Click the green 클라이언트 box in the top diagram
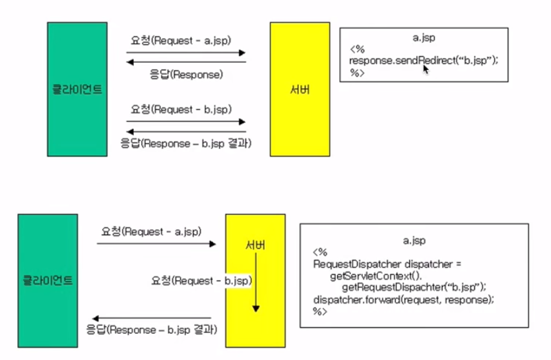78,89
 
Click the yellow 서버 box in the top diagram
299,89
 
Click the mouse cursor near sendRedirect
426,69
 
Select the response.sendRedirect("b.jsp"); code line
424,60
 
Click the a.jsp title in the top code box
423,39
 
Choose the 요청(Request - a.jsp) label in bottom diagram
150,231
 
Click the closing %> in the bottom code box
320,311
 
